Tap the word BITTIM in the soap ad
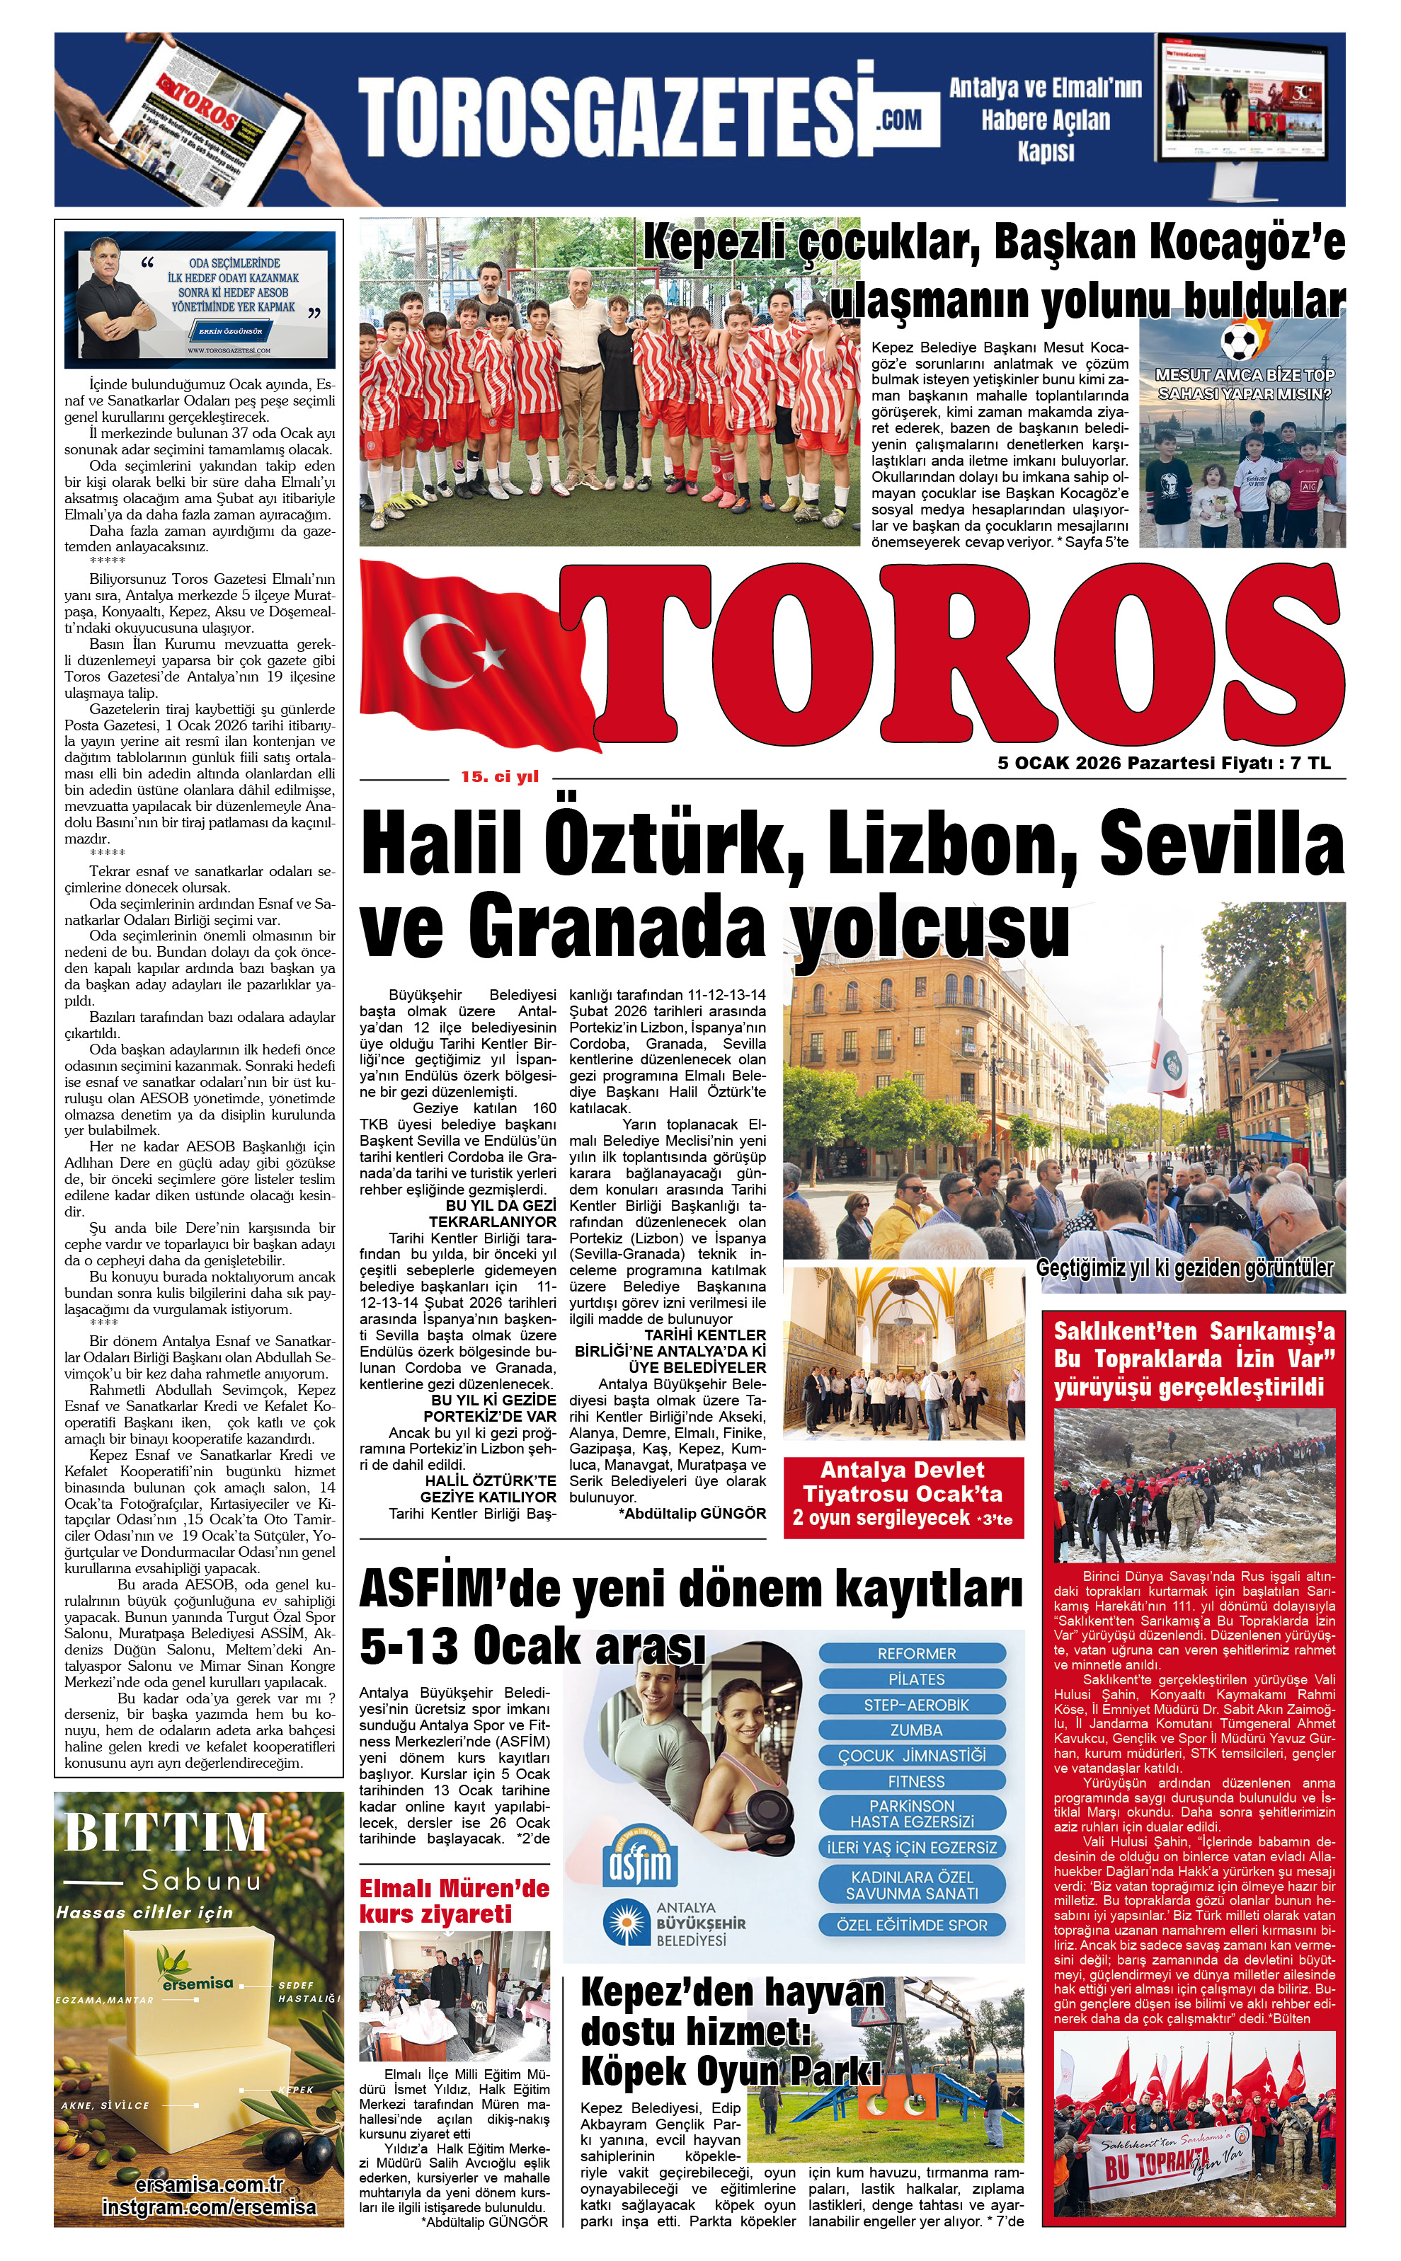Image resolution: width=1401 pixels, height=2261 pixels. tap(166, 1831)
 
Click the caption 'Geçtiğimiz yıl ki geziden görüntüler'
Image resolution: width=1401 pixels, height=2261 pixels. tap(1184, 1268)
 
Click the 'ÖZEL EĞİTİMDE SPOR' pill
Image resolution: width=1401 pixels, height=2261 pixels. tap(912, 1925)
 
